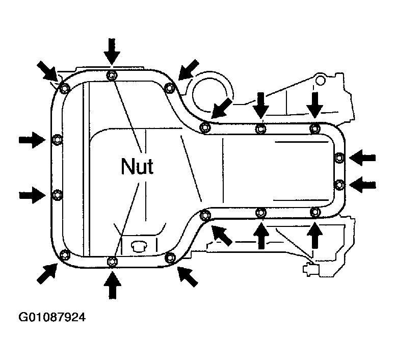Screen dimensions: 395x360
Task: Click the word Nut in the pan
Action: coord(137,166)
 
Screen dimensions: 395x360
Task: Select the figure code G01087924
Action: coord(52,317)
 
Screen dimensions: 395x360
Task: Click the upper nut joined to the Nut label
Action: coord(112,75)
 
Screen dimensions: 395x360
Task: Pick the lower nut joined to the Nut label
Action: coord(112,262)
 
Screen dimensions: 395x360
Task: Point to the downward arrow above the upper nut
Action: coord(112,52)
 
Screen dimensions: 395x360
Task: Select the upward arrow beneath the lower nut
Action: coord(112,286)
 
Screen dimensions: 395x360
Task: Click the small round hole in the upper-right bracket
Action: coord(320,80)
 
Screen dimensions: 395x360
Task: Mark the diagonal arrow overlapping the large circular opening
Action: coord(221,109)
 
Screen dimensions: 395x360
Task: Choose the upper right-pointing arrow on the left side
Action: coord(32,139)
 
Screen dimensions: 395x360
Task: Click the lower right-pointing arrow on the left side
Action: coord(32,195)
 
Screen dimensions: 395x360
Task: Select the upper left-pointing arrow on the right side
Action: coord(362,158)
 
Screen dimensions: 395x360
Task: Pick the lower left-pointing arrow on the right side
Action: coord(362,185)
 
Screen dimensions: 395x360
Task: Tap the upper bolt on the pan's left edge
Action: coord(57,140)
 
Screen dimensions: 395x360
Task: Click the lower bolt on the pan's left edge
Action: coord(57,195)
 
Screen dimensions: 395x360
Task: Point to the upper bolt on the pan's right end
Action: coord(339,158)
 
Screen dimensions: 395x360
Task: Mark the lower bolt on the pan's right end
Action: coord(339,185)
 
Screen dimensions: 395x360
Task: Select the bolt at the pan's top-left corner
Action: coord(65,89)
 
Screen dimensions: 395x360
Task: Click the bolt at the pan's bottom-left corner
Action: coord(65,254)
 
